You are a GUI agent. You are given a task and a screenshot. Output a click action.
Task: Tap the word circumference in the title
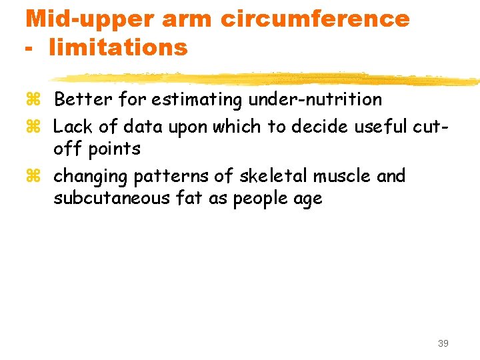pyautogui.click(x=315, y=19)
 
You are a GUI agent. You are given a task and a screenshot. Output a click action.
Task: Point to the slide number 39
pyautogui.click(x=443, y=343)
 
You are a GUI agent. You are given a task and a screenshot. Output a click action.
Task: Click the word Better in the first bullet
pyautogui.click(x=76, y=100)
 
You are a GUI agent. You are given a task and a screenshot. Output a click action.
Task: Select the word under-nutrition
pyautogui.click(x=315, y=100)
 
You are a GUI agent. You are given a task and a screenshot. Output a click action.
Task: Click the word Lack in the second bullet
pyautogui.click(x=69, y=125)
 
